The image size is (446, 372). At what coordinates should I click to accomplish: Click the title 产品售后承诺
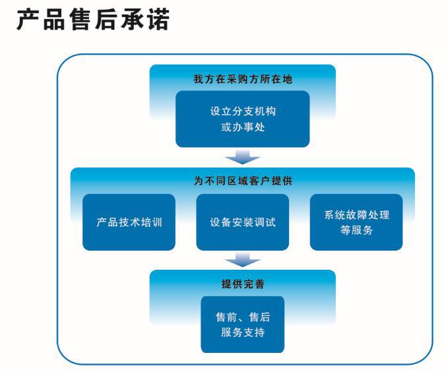93,20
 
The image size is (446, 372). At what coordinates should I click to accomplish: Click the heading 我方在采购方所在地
242,79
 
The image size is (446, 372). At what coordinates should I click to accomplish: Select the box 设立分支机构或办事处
242,119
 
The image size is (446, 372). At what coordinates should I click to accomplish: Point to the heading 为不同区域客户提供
242,180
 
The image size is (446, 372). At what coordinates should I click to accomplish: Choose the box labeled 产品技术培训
129,222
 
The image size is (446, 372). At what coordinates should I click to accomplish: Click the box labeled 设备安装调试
242,222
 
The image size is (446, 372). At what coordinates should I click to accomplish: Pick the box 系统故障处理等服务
356,222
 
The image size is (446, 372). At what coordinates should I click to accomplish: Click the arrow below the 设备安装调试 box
242,260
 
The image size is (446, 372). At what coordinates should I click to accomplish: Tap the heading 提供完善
242,284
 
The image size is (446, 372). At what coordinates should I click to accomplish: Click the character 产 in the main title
28,20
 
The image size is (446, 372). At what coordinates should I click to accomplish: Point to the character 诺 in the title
158,20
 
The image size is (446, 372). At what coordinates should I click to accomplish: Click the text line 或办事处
242,127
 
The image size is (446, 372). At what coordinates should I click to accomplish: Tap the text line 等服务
356,230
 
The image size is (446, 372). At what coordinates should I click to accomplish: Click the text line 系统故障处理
356,215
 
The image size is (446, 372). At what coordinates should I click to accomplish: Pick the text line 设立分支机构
242,111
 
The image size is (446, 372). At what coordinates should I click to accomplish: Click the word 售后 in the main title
93,20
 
